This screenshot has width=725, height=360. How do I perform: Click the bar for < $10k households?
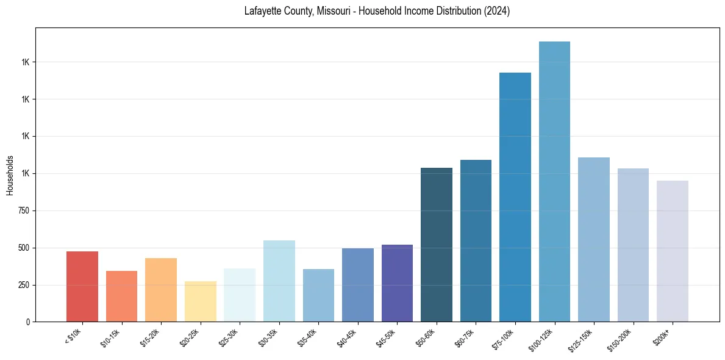pyautogui.click(x=82, y=287)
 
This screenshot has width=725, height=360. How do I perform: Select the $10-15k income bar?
pyautogui.click(x=121, y=297)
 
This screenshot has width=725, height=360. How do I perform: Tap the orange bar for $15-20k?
pyautogui.click(x=161, y=290)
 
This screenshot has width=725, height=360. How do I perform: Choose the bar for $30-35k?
pyautogui.click(x=279, y=281)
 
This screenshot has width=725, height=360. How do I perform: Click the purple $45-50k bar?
pyautogui.click(x=397, y=283)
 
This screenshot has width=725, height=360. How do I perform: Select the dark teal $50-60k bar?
pyautogui.click(x=437, y=245)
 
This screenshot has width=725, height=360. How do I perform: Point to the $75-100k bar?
pyautogui.click(x=515, y=197)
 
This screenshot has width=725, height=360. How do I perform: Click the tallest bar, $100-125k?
pyautogui.click(x=554, y=182)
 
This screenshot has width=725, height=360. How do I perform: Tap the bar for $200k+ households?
pyautogui.click(x=673, y=251)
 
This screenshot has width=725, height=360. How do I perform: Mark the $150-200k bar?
pyautogui.click(x=633, y=245)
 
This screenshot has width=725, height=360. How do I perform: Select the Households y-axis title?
pyautogui.click(x=10, y=175)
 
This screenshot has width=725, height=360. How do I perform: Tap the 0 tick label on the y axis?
pyautogui.click(x=27, y=322)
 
